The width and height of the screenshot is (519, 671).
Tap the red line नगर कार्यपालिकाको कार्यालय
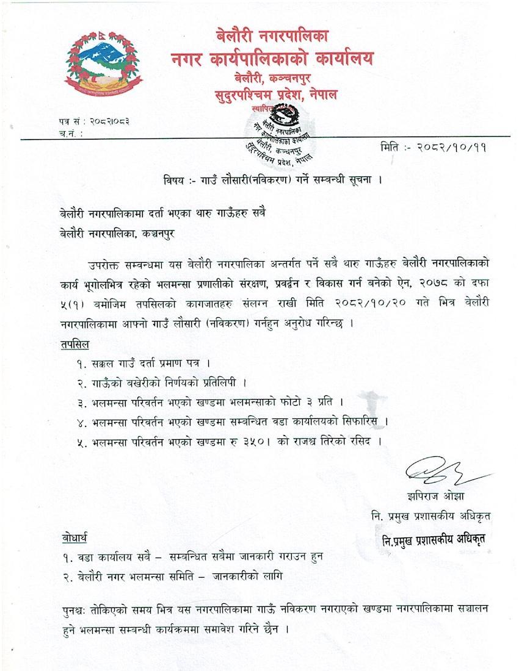point(272,59)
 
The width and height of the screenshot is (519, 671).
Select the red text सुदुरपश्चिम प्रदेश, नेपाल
point(276,95)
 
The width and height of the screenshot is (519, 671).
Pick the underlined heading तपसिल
point(75,345)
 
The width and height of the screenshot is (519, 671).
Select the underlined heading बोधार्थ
point(75,537)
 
